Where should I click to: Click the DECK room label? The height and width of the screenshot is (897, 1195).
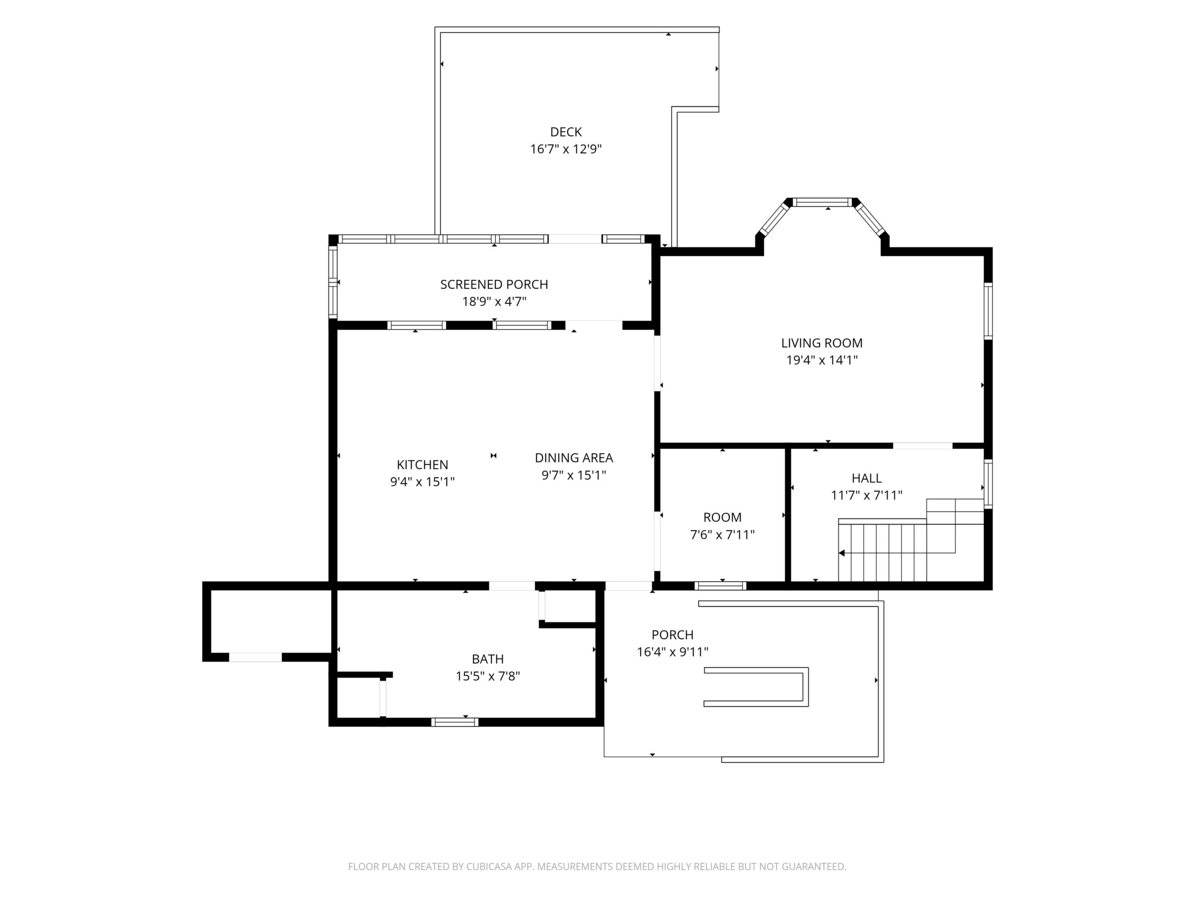pos(565,132)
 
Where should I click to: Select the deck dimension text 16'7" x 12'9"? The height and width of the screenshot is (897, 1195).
pos(565,149)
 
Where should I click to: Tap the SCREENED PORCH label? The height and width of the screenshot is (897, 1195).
pos(494,285)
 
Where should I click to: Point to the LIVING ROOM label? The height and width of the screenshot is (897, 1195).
pos(822,343)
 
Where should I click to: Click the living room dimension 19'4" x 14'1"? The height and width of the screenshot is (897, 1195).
pos(822,360)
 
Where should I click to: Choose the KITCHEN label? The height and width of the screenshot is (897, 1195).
pos(422,464)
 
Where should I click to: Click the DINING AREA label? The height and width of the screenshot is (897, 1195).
pos(574,458)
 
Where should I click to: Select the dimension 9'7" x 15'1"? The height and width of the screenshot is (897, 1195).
pos(574,475)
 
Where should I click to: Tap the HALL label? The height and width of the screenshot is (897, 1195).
pos(867,478)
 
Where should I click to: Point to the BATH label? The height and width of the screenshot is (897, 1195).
pos(488,659)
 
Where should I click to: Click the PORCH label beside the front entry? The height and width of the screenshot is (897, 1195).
pos(673,635)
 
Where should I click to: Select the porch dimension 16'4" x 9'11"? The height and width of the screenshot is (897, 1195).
pos(673,652)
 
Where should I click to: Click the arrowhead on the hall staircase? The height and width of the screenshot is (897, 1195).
pos(842,553)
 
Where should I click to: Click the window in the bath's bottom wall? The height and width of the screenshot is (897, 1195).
pos(454,722)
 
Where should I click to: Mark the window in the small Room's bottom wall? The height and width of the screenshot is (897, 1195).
pos(720,586)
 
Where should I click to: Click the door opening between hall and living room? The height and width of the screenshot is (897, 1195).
pos(922,446)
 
